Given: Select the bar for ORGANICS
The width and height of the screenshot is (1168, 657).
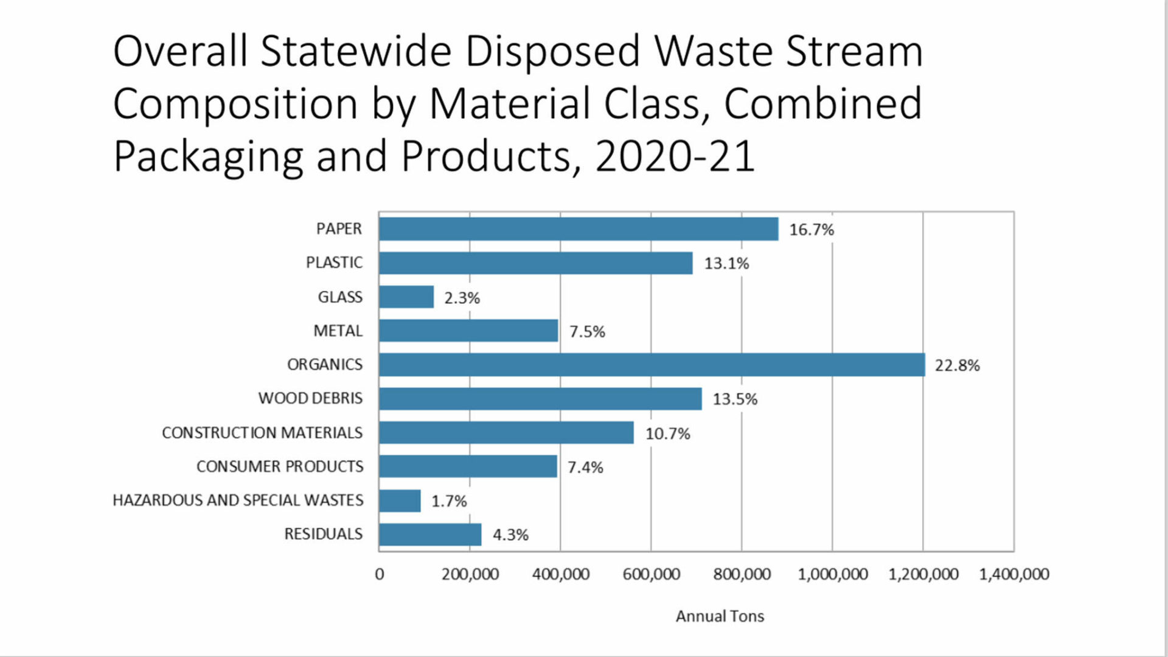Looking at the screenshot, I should tap(651, 365).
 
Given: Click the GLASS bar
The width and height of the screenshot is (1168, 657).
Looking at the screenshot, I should tap(406, 297).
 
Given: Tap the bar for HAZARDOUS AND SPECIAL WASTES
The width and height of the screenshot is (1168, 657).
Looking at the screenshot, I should tap(399, 501).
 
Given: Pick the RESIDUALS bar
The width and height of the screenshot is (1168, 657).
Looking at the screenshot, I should tap(429, 535).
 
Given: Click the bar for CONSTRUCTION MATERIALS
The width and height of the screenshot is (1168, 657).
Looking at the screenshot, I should tap(506, 433).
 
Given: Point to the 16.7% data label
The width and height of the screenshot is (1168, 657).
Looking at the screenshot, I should tap(811, 230).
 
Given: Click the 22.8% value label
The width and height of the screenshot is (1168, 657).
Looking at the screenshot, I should tap(957, 365).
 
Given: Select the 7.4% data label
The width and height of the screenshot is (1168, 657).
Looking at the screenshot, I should tap(585, 467).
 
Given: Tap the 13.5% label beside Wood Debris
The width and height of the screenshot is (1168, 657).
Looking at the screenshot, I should tap(735, 399).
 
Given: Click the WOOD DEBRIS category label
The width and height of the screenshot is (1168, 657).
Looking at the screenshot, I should tap(310, 398).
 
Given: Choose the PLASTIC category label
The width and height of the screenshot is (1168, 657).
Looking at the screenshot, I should tap(334, 262).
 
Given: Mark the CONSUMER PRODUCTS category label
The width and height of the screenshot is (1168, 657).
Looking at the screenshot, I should tap(280, 466).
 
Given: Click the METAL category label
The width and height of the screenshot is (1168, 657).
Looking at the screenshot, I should tap(338, 331).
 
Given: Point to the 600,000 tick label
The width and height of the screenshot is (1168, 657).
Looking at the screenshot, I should tap(651, 574).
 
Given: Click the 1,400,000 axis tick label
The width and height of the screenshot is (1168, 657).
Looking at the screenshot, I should tap(1013, 574).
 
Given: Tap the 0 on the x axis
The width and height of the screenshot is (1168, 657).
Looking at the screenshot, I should tap(380, 574).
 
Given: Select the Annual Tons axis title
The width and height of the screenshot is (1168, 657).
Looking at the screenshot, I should tap(720, 616).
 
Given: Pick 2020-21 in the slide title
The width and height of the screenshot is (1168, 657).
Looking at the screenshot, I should tap(675, 156).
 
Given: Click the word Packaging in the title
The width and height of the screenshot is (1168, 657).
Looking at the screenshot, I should tap(208, 156).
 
